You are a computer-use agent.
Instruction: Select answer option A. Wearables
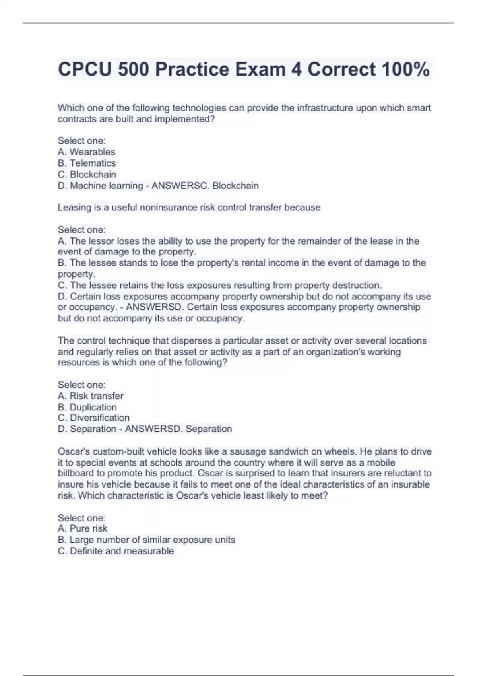point(87,152)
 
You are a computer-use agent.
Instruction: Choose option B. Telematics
point(87,163)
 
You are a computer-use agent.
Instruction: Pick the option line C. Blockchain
point(87,174)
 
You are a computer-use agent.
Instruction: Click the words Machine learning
point(107,186)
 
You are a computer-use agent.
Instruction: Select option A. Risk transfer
point(91,396)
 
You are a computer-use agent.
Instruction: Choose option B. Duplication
point(87,407)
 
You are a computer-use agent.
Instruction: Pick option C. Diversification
point(94,418)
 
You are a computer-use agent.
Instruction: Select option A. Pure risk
point(83,528)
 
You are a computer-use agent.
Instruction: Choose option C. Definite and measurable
point(116,551)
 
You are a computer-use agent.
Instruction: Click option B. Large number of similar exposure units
point(146,540)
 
